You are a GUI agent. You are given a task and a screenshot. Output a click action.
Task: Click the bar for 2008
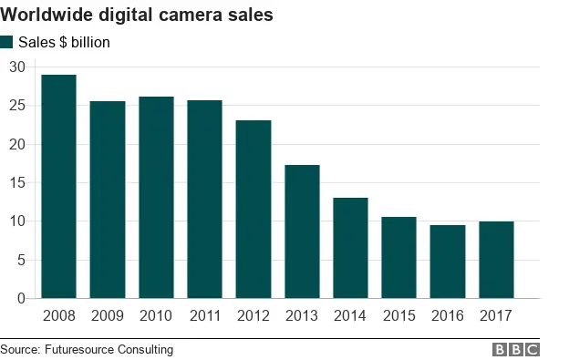(x=58, y=187)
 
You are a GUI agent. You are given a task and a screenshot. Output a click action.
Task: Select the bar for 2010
(x=156, y=198)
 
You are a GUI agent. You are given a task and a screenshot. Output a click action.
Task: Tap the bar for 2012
(x=253, y=210)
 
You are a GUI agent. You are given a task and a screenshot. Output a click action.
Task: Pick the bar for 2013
(x=302, y=231)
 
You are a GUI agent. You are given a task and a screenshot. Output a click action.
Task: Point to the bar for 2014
(x=350, y=248)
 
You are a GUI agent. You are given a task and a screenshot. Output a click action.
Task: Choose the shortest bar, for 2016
(x=448, y=262)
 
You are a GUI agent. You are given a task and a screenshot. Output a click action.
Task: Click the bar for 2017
(x=496, y=260)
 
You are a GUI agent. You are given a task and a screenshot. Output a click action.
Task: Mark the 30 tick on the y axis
(x=17, y=67)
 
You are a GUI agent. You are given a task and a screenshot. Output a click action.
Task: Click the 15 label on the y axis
(x=17, y=182)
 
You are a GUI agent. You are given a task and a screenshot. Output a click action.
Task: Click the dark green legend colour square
(x=7, y=42)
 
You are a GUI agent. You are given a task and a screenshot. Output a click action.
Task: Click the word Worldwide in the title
(x=51, y=15)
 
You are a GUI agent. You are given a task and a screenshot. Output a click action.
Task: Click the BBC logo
(x=516, y=349)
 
